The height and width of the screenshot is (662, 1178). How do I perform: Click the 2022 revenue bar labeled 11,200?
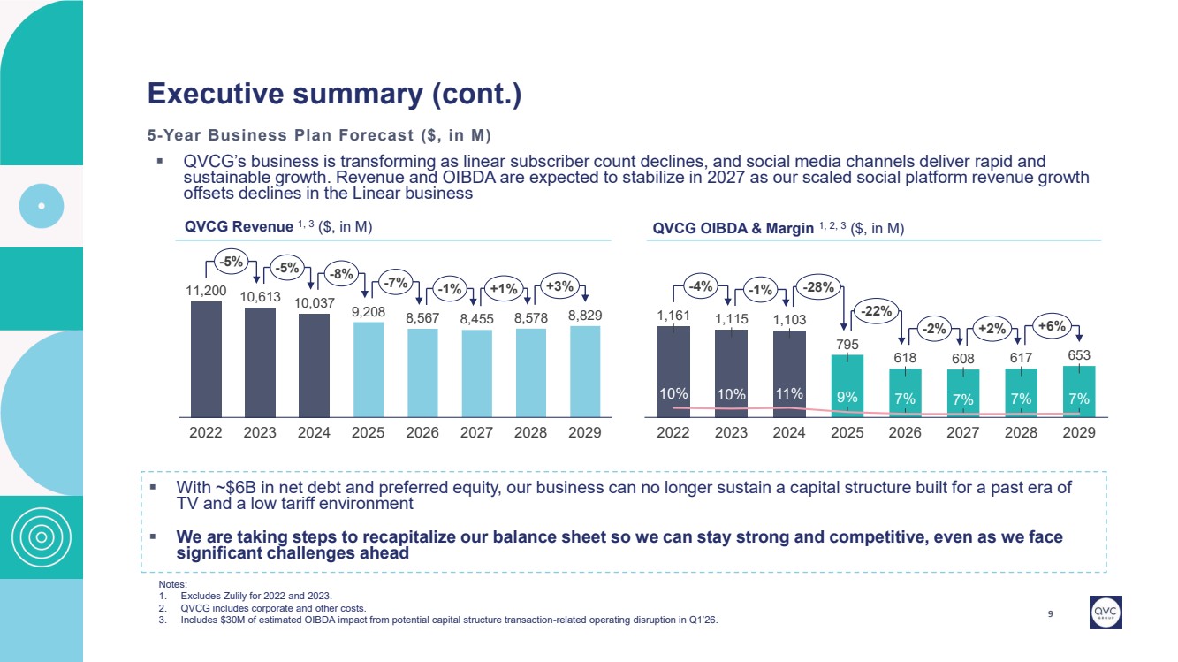coord(206,358)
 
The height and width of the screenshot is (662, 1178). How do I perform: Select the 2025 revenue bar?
coord(369,369)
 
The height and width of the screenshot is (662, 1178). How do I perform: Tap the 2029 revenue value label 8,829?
coord(585,315)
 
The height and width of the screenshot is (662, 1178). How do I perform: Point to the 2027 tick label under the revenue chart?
coord(477,433)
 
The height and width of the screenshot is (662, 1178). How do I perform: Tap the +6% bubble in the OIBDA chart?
coord(1051,326)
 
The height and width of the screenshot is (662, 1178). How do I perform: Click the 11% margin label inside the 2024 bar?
coord(789,392)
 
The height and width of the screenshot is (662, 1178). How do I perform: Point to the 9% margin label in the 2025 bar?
coord(847,397)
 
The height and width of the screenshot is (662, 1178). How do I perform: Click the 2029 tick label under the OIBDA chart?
coord(1078,433)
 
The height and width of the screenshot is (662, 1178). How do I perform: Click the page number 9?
coord(1050,616)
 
